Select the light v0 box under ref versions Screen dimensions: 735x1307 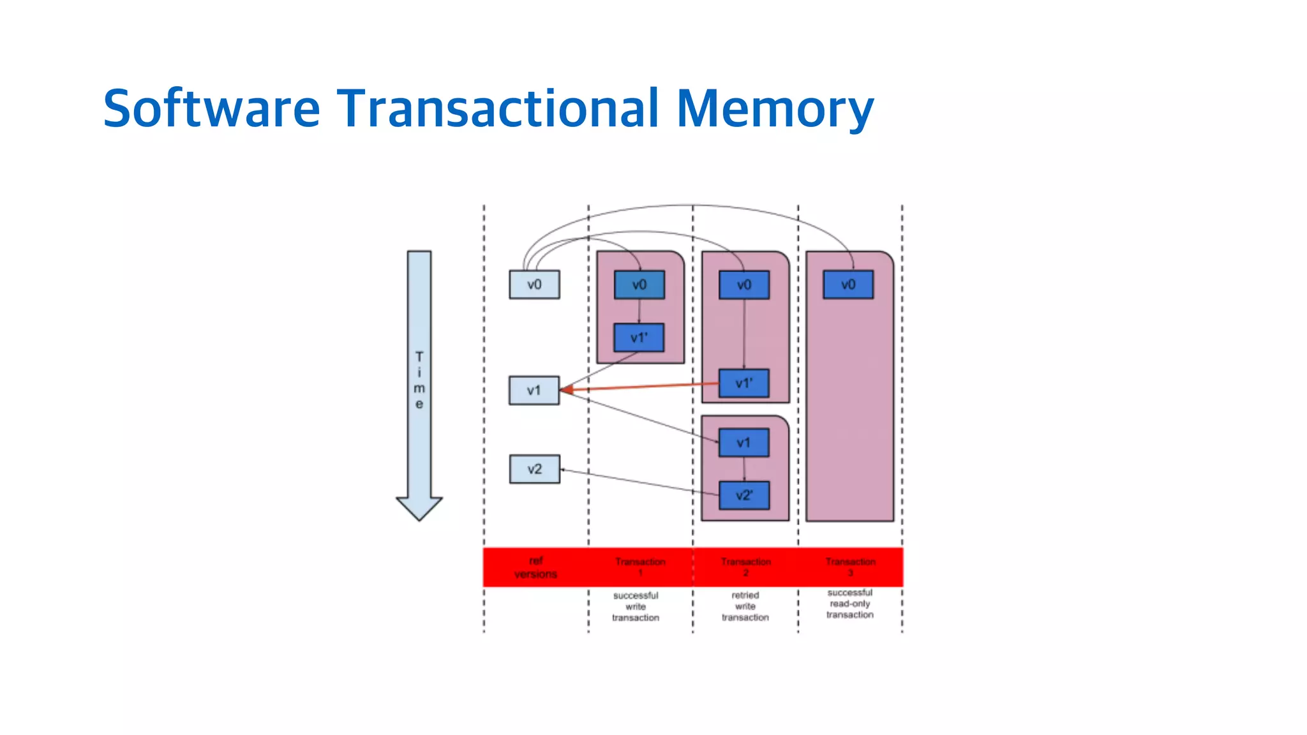tap(534, 285)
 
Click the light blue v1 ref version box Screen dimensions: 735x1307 tap(534, 390)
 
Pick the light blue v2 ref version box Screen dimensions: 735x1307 tap(534, 469)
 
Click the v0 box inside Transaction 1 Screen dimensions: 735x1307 tap(639, 285)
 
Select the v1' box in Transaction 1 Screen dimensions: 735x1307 tap(639, 338)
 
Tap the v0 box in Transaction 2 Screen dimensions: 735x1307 tap(743, 285)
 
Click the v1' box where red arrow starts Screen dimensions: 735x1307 tap(743, 383)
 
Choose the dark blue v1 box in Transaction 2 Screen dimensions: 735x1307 tap(743, 443)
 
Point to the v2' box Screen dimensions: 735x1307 tap(743, 495)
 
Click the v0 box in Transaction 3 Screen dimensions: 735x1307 tap(848, 285)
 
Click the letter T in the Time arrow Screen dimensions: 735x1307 tap(419, 357)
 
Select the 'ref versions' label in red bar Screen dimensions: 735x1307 tap(535, 567)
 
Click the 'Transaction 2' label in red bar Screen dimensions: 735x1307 tap(745, 567)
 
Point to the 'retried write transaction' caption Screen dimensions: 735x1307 tap(745, 606)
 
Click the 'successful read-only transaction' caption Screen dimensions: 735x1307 tap(849, 604)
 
